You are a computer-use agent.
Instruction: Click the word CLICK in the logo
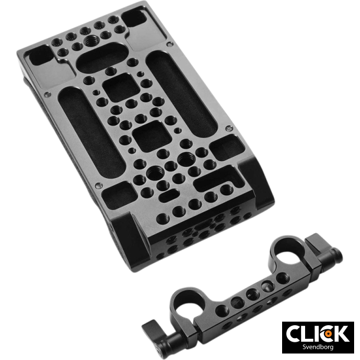[318, 333]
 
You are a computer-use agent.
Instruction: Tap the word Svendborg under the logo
[318, 346]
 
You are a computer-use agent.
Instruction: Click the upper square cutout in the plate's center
[121, 87]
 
